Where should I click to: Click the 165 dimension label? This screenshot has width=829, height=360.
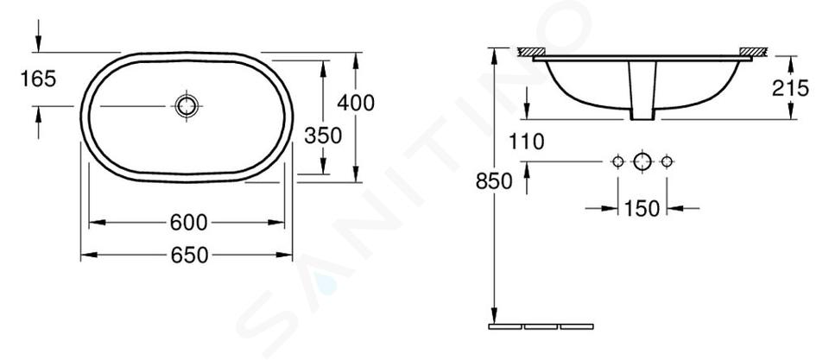coord(38,79)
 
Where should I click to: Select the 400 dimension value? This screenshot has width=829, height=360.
coord(356,103)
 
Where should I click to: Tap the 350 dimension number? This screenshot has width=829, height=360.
coord(323,136)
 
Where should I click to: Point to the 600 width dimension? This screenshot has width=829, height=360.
coord(189,223)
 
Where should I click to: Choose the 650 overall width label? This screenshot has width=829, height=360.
coord(190,256)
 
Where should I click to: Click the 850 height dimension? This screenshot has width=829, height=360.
coord(494,181)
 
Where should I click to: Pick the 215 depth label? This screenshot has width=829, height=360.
coord(790,88)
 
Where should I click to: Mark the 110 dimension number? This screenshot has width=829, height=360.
coord(527,142)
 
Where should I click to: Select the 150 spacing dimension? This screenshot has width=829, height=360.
coord(642,209)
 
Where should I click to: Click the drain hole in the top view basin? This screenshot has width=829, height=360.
coord(187,106)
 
